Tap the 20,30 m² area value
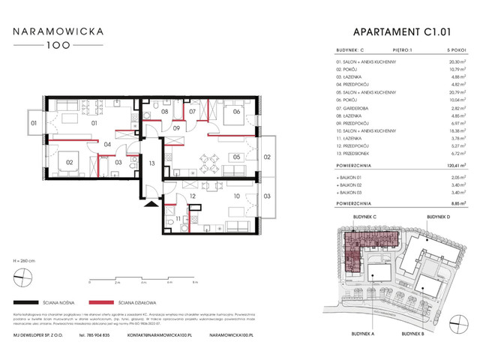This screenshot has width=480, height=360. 453,64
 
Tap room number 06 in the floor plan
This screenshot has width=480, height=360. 236,112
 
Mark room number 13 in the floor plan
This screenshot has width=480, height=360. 151,163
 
